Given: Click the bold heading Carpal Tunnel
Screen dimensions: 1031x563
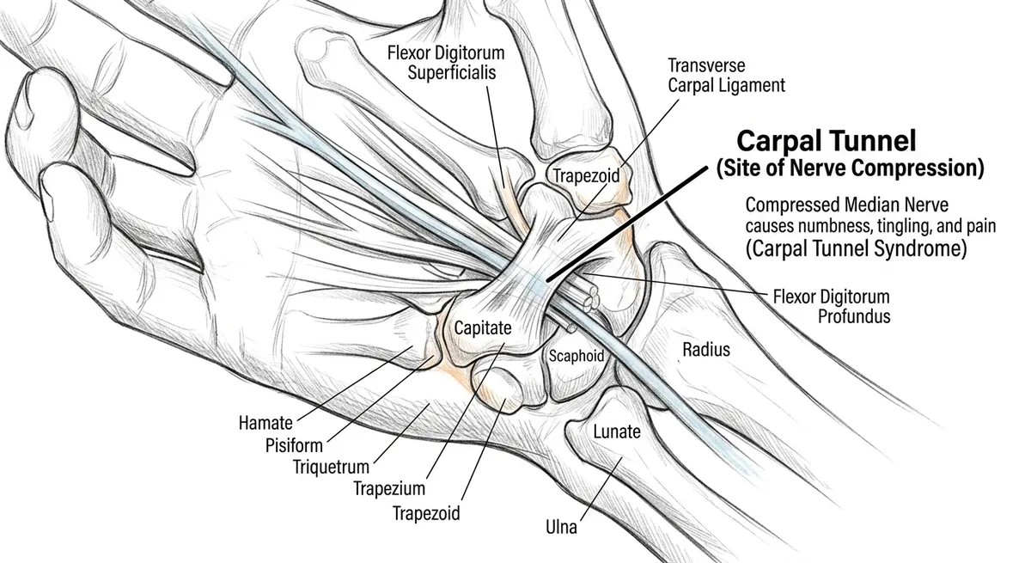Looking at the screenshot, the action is [x=827, y=141].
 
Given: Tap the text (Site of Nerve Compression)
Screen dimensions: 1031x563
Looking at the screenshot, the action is [x=850, y=168].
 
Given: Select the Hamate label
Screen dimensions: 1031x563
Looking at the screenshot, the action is [x=265, y=423].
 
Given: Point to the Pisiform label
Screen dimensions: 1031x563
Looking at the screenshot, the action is [x=294, y=445].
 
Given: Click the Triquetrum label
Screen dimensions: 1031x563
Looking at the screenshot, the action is [x=332, y=468].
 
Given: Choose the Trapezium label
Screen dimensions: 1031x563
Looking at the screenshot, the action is [x=389, y=488].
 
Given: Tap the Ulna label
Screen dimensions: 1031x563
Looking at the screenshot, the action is [x=561, y=527].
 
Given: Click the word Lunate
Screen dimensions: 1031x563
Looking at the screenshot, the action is [x=617, y=431].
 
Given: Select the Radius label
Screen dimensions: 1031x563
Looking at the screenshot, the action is [x=706, y=349].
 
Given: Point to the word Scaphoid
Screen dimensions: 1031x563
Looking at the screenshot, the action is [x=577, y=356].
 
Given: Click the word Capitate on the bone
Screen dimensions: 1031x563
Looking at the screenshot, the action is [x=483, y=327].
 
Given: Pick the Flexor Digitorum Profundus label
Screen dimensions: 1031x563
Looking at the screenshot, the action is [x=832, y=307].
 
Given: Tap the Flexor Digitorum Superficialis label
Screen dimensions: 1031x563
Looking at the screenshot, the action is [x=446, y=63].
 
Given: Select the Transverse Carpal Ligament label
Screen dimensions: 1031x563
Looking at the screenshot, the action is [x=726, y=76].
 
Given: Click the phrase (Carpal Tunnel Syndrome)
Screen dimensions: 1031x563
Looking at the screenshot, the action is [x=856, y=248].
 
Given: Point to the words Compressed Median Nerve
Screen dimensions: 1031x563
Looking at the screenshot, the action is [x=847, y=205].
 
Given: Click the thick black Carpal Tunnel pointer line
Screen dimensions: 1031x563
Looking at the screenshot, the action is [x=627, y=224].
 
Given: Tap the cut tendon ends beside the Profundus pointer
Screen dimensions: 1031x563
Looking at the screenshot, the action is [x=589, y=299].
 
